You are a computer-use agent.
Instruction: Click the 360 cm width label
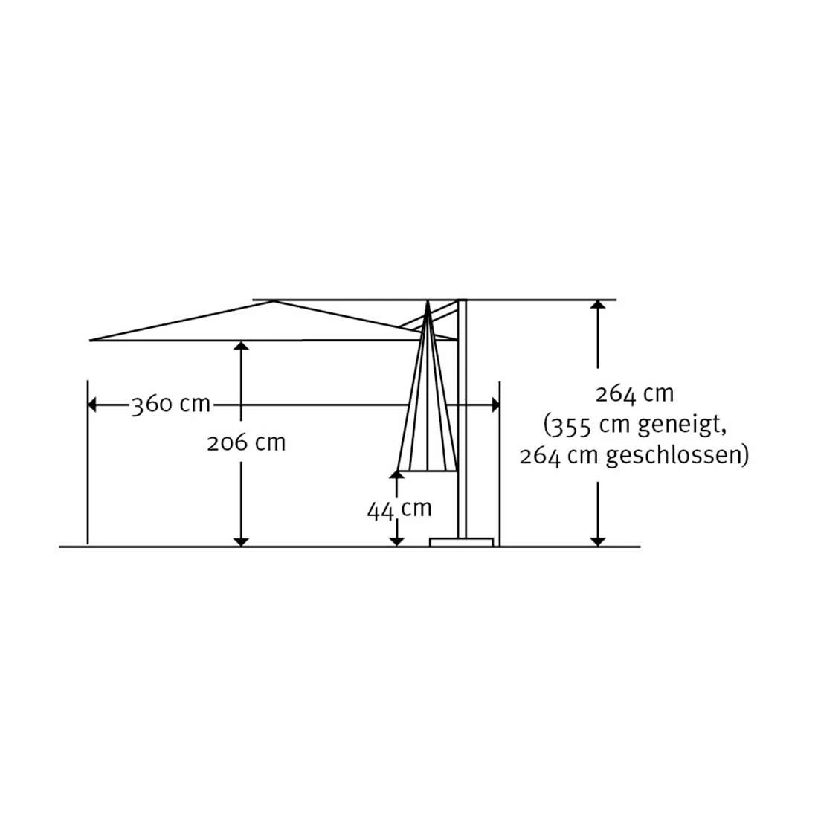coord(170,405)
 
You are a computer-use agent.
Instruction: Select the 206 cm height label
coord(246,443)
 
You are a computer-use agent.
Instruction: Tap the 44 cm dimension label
coord(399,509)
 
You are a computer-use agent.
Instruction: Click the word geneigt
coord(681,425)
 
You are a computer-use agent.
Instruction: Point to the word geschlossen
coord(674,456)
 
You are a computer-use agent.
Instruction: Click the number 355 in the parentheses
coord(570,426)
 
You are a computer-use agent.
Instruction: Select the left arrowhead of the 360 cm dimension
coord(92,405)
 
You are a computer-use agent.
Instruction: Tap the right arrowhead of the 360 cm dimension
coord(495,405)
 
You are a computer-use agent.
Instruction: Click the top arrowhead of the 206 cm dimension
coord(240,346)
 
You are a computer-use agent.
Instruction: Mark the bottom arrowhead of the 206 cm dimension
coord(240,542)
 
